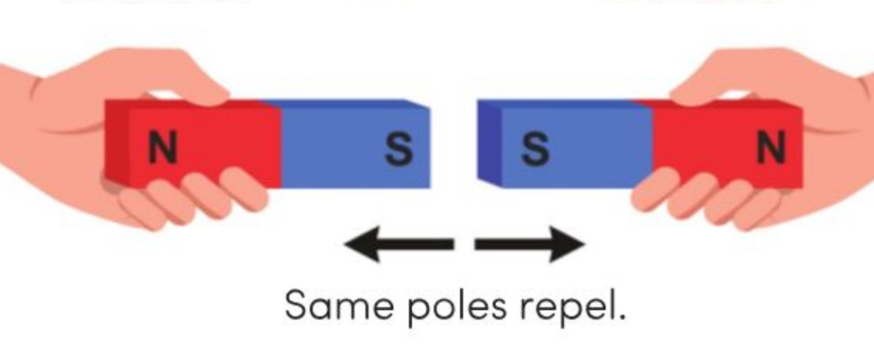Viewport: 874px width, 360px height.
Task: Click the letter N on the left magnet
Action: pos(163,149)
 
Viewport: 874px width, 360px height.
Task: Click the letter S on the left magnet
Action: pos(399,150)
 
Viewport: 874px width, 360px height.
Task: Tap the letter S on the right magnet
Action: pos(535,150)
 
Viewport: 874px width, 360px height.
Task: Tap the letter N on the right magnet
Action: pos(771,148)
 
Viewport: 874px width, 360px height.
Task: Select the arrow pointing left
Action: pos(399,244)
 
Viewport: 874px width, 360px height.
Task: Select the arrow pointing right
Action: pos(529,244)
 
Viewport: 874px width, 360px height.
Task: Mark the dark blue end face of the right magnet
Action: pos(489,143)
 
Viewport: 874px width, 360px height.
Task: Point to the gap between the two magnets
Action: pos(454,144)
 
